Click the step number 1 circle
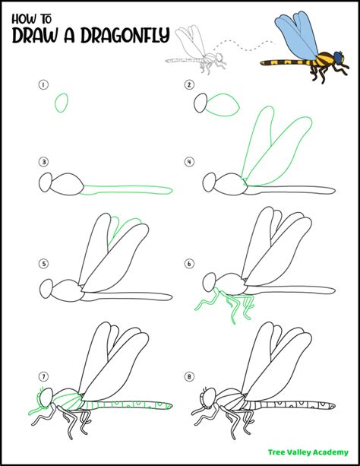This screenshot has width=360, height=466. coord(44,86)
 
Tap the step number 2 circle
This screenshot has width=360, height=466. coord(188,86)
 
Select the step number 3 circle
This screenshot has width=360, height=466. coord(44,161)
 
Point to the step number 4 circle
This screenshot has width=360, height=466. coord(188,161)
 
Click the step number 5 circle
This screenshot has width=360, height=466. coord(44,264)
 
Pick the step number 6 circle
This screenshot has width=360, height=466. coord(188,264)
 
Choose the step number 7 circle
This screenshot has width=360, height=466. coord(44,376)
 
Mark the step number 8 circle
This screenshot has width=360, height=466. coord(188,376)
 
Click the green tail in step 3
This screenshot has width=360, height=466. coord(129,189)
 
